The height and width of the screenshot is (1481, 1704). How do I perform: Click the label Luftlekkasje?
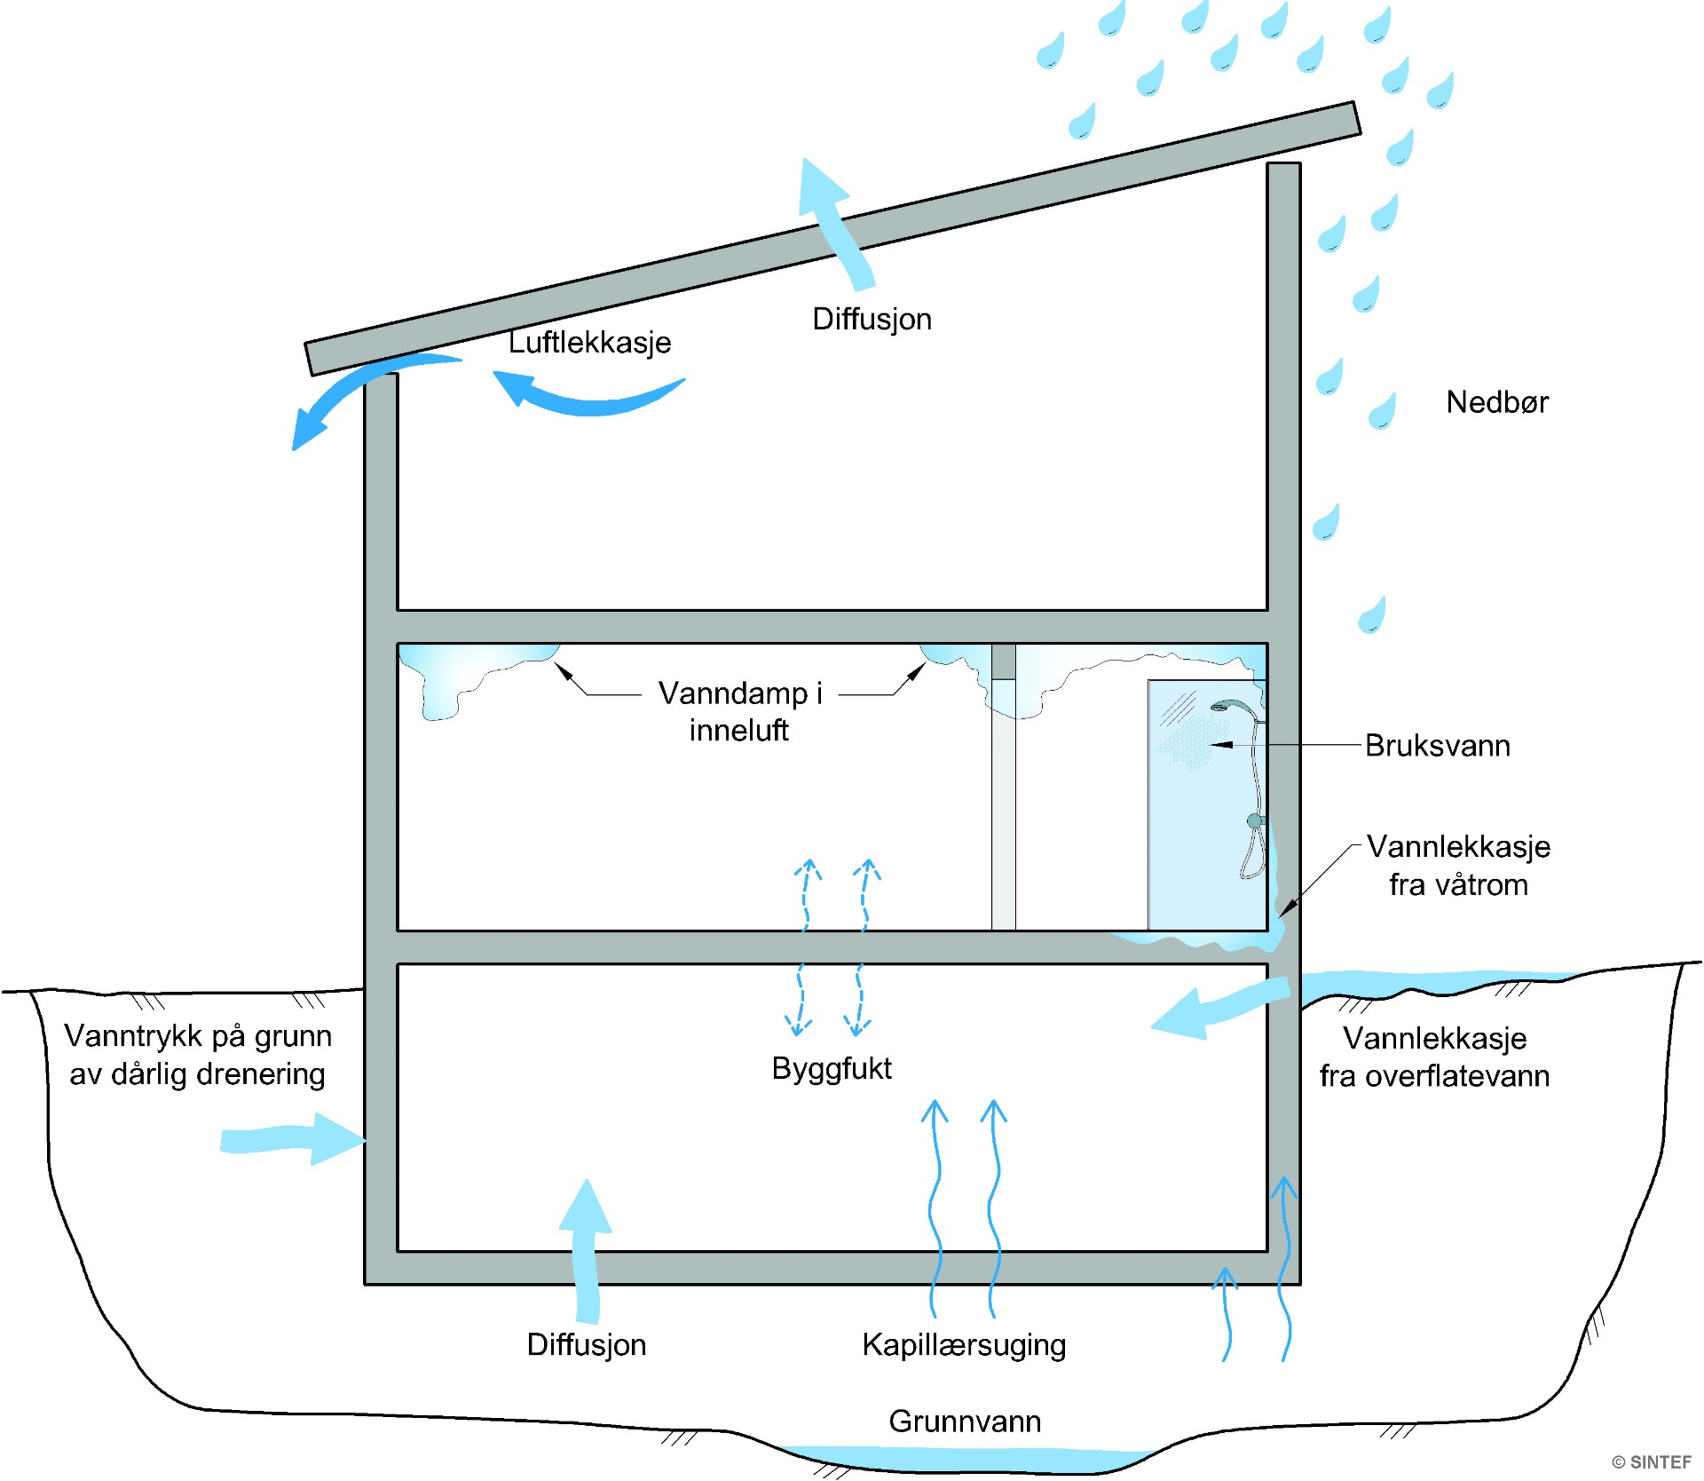[x=589, y=343]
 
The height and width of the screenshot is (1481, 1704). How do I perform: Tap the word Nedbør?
[x=1496, y=402]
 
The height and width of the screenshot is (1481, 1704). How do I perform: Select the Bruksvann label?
[x=1437, y=746]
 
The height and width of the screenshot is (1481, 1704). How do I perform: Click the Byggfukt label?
[x=832, y=1068]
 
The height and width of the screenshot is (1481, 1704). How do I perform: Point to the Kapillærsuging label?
[x=964, y=1344]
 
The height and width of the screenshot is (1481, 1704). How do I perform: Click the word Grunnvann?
[x=965, y=1422]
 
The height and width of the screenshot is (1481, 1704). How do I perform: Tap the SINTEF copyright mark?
[x=1652, y=1462]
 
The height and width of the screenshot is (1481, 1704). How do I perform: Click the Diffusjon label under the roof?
[x=872, y=320]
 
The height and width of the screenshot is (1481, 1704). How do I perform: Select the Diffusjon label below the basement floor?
[x=586, y=1344]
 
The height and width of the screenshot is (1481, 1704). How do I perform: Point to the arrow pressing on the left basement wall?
[x=293, y=1139]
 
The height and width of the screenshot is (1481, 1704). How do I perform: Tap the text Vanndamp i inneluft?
[x=739, y=711]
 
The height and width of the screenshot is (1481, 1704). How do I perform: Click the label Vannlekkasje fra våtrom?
[x=1458, y=866]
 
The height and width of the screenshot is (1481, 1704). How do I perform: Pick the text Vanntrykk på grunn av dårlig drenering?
[x=197, y=1055]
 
